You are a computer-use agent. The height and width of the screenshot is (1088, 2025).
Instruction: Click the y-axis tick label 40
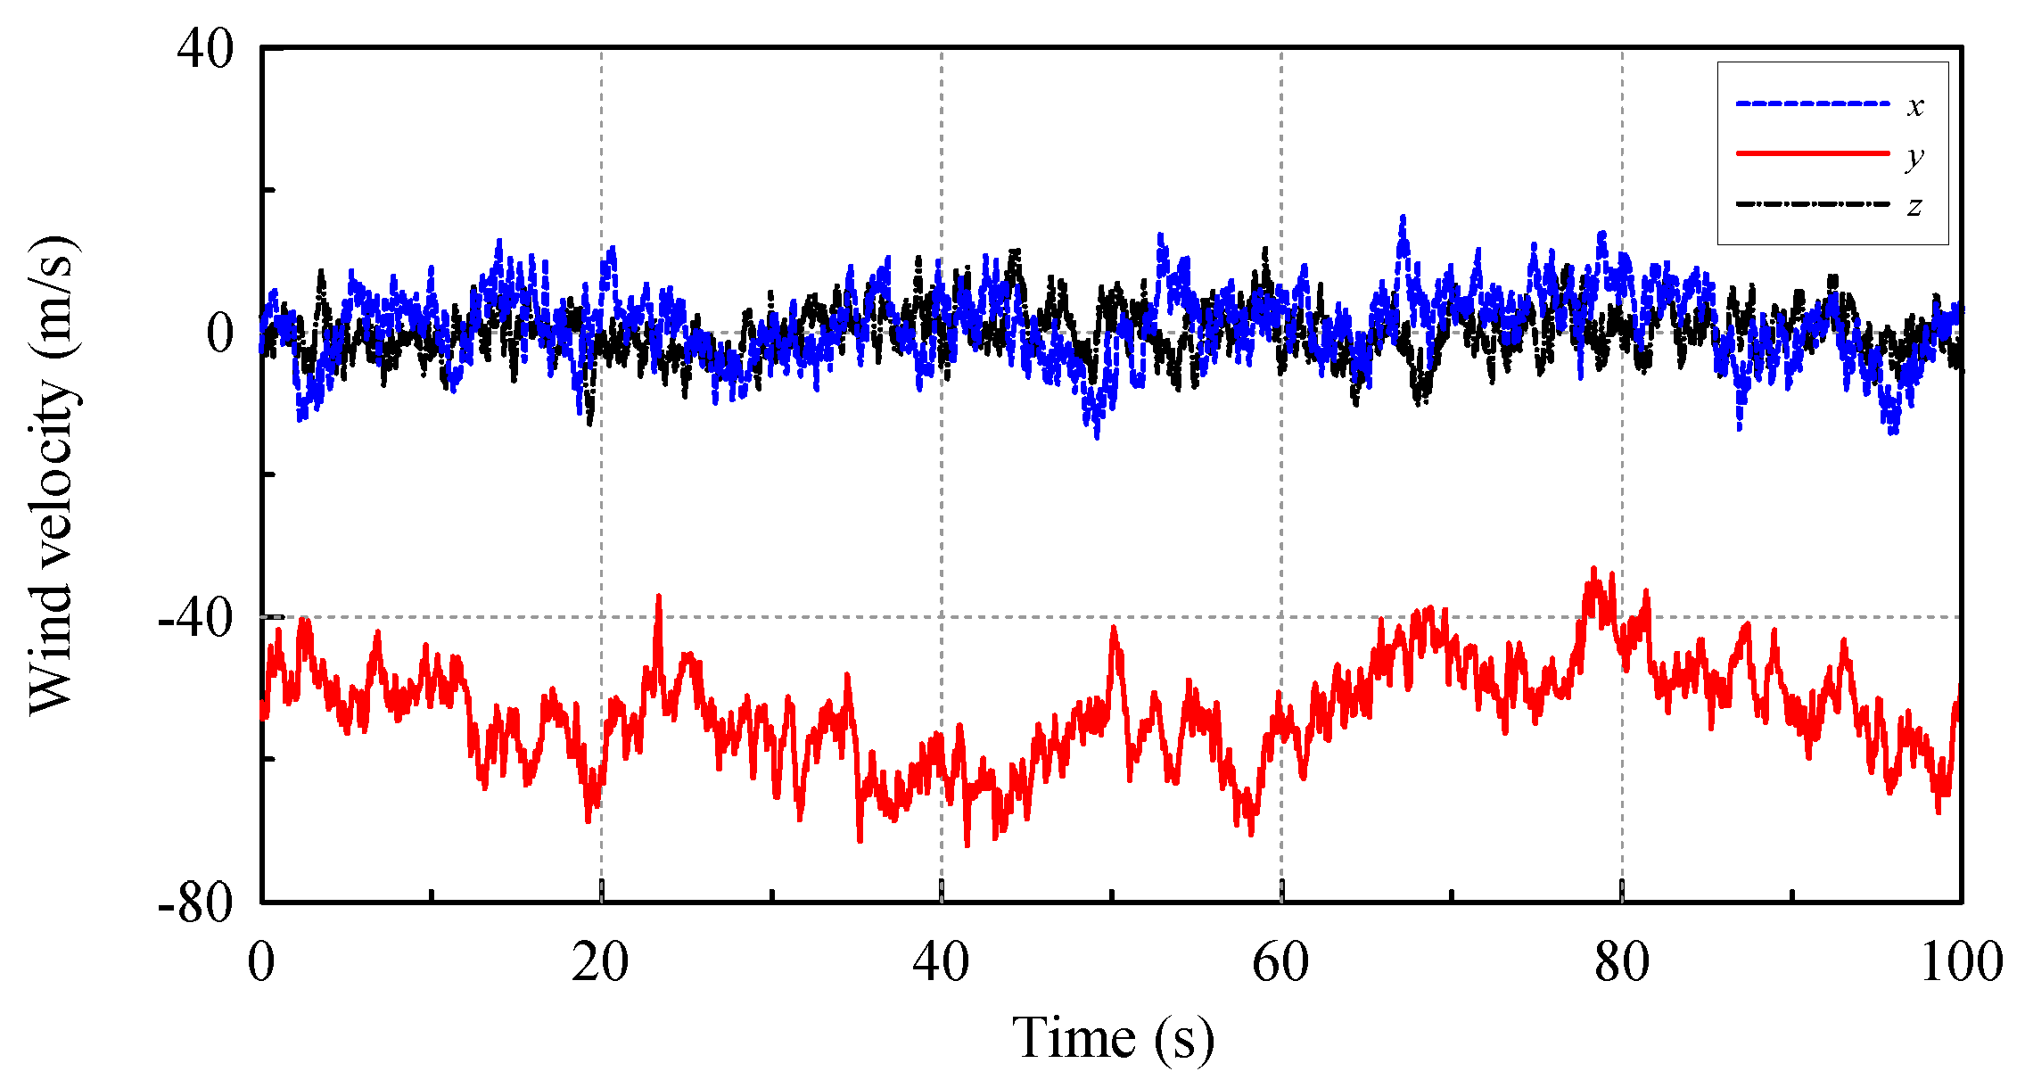[205, 49]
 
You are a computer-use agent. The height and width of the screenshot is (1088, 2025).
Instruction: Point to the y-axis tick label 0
[220, 334]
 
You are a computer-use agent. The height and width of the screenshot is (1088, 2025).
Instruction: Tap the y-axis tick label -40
[196, 617]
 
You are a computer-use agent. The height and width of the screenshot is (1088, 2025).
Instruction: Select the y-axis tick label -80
[196, 903]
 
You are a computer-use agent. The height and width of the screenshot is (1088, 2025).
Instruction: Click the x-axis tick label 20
[600, 963]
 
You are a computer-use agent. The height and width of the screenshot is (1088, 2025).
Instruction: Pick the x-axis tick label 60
[1280, 963]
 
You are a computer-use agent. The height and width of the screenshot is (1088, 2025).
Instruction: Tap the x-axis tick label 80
[1621, 963]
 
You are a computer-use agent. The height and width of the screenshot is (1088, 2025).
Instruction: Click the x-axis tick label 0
[261, 963]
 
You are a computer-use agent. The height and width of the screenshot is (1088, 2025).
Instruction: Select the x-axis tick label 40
[941, 963]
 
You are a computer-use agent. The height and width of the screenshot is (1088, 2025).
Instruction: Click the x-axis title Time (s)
[1113, 1039]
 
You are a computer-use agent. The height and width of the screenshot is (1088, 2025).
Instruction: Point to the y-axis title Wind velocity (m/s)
[51, 474]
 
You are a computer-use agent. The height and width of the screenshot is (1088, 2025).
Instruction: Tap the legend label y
[1914, 158]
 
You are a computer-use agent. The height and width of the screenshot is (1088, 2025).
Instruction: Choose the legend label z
[1914, 207]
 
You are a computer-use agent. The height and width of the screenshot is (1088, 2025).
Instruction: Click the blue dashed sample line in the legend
[1812, 103]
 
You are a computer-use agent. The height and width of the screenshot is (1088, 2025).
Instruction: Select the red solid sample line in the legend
[1812, 153]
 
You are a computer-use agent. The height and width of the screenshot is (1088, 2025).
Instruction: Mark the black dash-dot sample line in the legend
[1812, 204]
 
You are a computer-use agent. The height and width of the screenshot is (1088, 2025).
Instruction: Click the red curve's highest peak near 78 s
[1593, 568]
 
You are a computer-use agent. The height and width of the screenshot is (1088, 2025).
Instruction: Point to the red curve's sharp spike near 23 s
[659, 596]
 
